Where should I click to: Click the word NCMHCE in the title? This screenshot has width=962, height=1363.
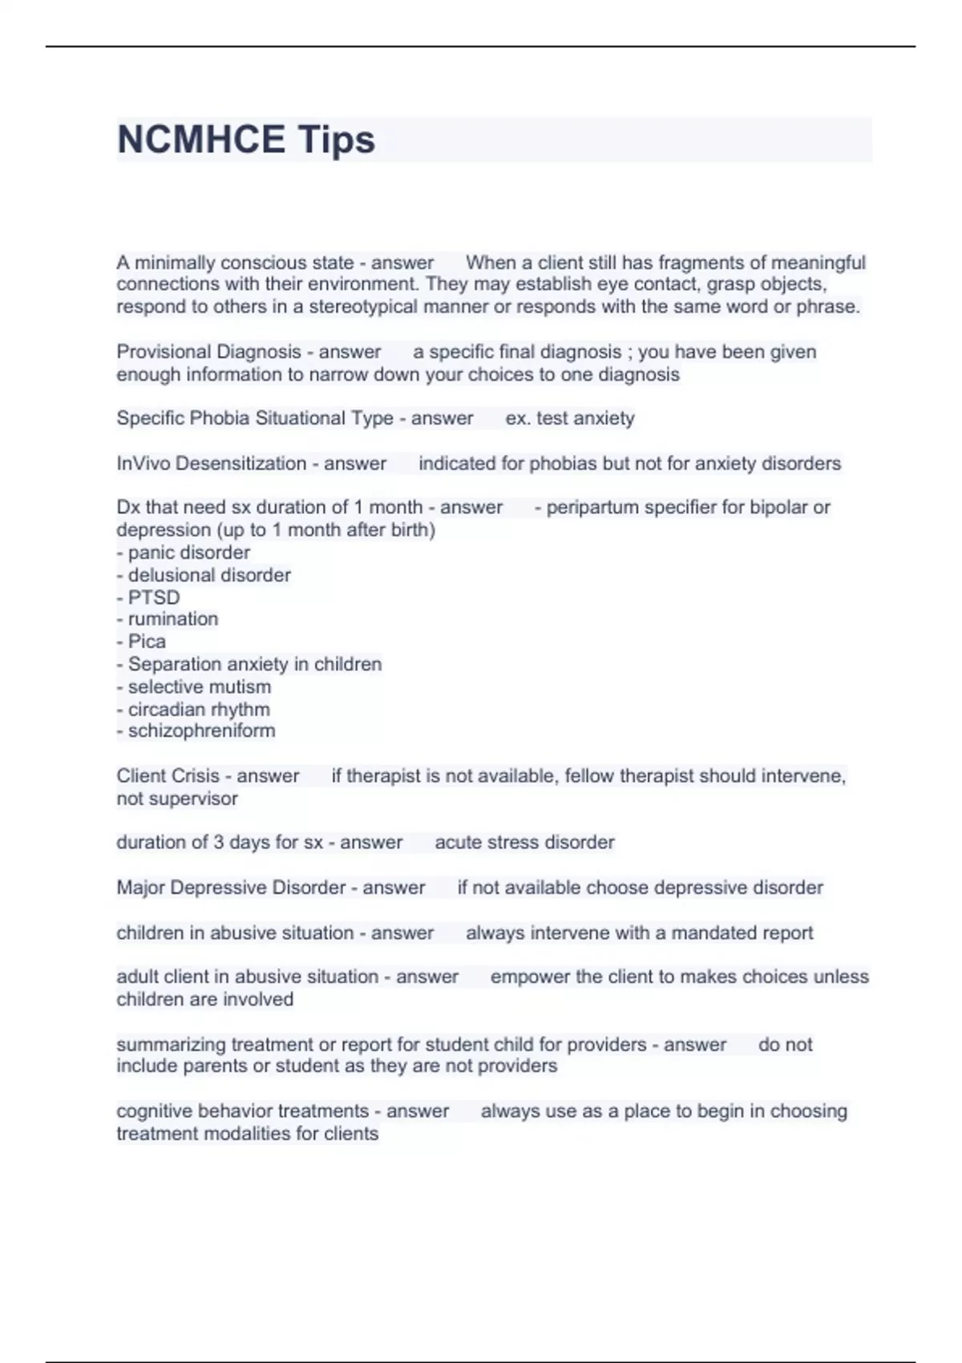pos(201,140)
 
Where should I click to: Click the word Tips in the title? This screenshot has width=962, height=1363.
pos(337,140)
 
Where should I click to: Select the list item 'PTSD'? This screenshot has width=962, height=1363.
pos(153,597)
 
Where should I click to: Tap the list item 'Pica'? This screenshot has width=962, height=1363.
pos(147,641)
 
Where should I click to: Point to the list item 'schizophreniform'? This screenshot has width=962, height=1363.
pos(201,730)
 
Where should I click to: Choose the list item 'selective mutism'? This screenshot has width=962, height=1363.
pos(199,686)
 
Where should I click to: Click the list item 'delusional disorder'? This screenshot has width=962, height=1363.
pos(208,575)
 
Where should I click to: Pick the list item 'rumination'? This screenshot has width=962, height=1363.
pos(172,619)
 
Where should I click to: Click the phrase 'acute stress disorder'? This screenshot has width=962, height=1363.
pos(524,842)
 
